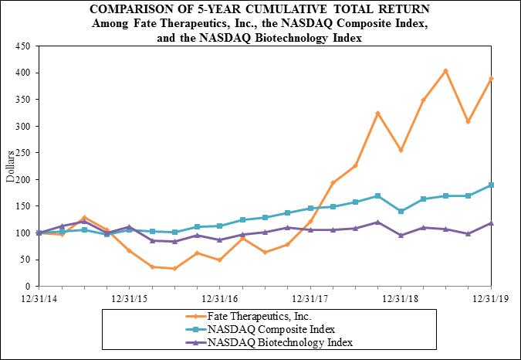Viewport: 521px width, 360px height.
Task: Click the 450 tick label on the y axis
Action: click(21, 46)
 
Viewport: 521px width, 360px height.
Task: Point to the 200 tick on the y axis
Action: click(21, 179)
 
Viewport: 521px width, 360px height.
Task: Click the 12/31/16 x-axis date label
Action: click(220, 297)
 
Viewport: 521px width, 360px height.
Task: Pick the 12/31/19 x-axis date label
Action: click(490, 297)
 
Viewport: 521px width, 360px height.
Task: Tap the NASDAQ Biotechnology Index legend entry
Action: click(276, 341)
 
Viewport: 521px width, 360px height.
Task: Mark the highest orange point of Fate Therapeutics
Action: click(445, 71)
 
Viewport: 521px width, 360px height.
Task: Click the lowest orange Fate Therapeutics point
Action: click(174, 268)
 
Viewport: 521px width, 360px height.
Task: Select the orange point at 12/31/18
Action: click(400, 150)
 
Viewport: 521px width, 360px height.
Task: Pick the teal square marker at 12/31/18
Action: click(400, 211)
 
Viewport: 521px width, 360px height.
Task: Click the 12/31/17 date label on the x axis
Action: click(310, 297)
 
